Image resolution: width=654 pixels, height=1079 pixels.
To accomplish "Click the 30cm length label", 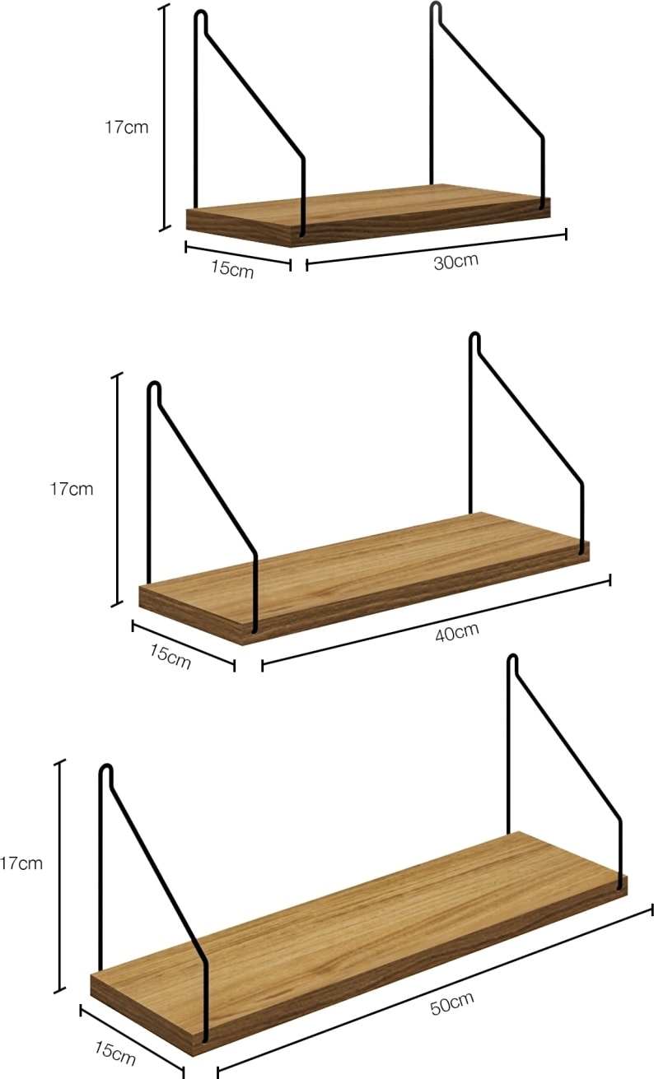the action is click(x=456, y=262).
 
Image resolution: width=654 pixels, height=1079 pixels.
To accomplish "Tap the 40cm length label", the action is click(x=457, y=632).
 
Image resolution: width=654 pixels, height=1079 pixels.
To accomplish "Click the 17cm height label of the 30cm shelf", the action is click(x=127, y=128).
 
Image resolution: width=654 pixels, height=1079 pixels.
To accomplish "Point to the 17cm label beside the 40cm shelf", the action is click(x=72, y=489).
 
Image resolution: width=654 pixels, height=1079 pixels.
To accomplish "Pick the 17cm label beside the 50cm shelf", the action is click(x=21, y=863).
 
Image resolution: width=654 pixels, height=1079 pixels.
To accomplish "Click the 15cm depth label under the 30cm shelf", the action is click(x=232, y=269).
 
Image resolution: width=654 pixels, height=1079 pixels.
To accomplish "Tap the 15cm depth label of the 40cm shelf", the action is click(x=171, y=656).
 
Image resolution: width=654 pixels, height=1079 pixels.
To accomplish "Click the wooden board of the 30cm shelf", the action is click(x=368, y=215).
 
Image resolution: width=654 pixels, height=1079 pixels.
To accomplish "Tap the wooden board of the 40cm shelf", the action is click(x=364, y=578).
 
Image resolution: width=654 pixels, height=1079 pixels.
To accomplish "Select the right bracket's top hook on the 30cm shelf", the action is click(x=436, y=11).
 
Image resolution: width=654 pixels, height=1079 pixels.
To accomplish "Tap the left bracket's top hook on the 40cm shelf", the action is click(x=154, y=389).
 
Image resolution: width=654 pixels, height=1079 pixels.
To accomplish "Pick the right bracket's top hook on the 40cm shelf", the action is click(x=474, y=340).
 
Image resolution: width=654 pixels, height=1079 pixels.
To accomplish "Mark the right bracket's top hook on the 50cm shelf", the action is click(x=513, y=663).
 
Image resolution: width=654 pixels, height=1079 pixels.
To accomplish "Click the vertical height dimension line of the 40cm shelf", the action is click(x=117, y=490).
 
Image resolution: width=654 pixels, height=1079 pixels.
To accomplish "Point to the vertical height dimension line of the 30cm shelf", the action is click(x=165, y=118).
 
